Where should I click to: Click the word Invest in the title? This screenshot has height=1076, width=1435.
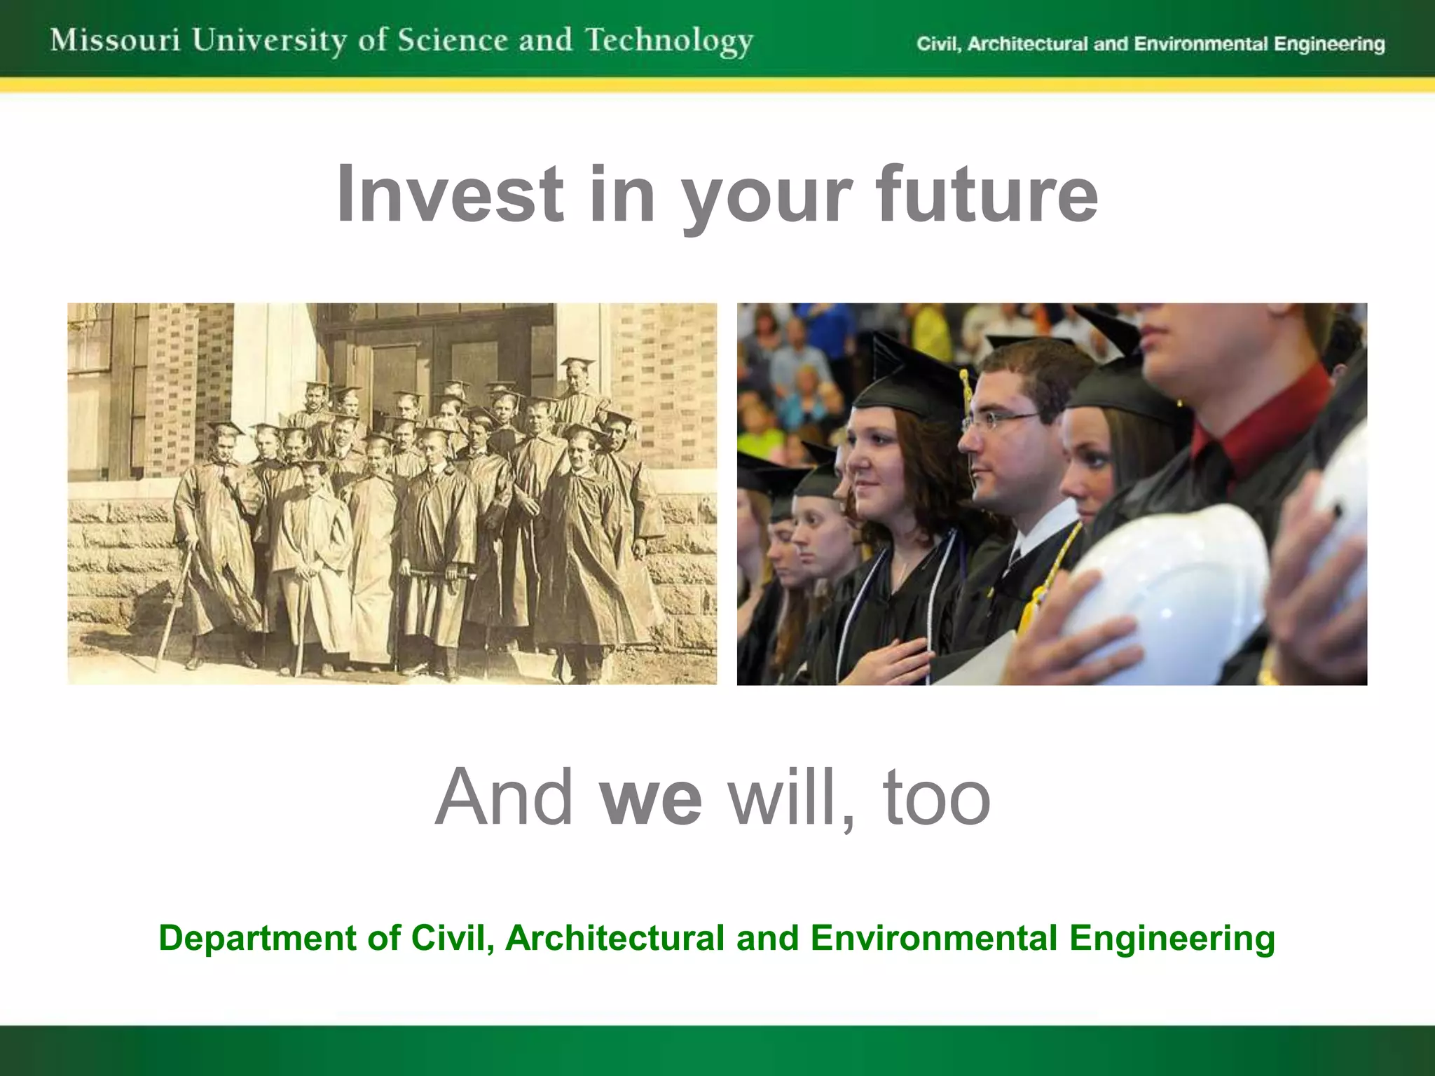pos(449,194)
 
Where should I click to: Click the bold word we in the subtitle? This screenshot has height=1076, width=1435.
pos(651,797)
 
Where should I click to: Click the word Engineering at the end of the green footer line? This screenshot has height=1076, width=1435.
pos(1172,938)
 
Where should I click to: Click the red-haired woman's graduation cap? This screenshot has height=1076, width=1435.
pos(911,378)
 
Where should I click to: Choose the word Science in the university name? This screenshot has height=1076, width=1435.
pos(451,40)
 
